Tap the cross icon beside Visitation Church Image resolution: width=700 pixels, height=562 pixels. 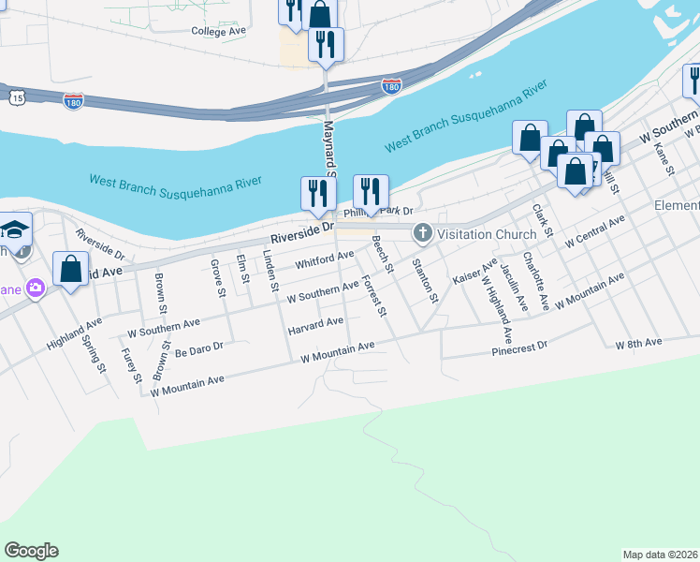[422, 232]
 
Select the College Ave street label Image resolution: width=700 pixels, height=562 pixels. [218, 31]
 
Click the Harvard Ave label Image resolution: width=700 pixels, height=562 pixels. [315, 326]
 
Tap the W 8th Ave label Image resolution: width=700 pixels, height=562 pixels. [638, 344]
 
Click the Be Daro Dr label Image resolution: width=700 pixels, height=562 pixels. [199, 347]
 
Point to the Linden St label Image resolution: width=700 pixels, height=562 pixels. [272, 271]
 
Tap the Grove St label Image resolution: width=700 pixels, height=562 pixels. [218, 278]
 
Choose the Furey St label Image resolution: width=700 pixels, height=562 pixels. [131, 365]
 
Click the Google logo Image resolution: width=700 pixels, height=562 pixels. [31, 551]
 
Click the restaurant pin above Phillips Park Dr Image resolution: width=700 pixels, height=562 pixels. [371, 192]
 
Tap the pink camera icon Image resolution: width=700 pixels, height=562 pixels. [36, 288]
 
